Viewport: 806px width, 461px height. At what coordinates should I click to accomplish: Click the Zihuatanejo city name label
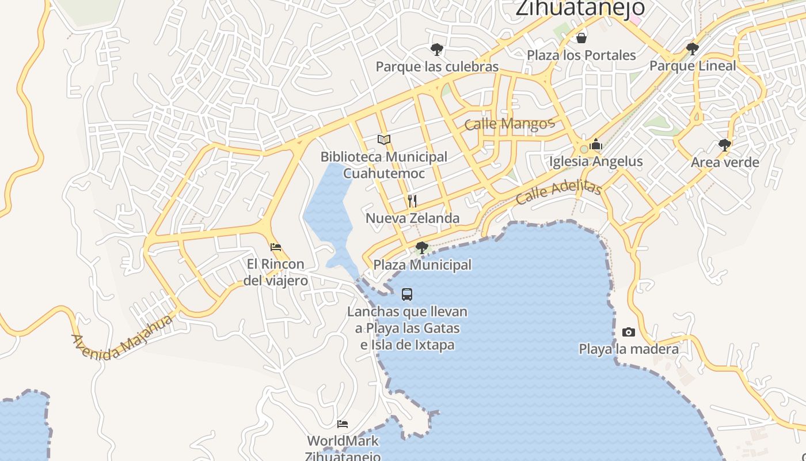tap(580, 8)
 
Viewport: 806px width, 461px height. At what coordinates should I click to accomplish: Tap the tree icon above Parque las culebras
tap(437, 50)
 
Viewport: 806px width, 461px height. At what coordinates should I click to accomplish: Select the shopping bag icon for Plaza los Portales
tap(581, 38)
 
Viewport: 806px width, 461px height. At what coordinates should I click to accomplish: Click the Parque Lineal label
tap(693, 66)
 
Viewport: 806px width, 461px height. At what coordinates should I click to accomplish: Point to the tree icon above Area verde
tap(725, 145)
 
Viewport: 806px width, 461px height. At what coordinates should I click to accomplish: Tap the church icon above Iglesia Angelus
tap(596, 144)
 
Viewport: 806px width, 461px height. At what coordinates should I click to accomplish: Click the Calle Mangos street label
tap(509, 123)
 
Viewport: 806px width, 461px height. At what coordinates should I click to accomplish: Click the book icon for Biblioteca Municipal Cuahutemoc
tap(384, 139)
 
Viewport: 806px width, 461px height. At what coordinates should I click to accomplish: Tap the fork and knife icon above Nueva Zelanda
tap(412, 201)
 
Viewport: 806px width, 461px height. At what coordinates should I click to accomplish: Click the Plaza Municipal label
tap(423, 265)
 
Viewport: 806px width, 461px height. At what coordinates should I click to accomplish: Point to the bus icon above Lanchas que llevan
tap(407, 294)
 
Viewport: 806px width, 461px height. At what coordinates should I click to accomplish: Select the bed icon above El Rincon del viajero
tap(276, 247)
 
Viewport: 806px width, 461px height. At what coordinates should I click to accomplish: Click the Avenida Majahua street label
tap(122, 338)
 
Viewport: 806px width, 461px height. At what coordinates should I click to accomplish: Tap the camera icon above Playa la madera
tap(629, 332)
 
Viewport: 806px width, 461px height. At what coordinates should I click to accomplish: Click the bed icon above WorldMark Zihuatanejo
tap(343, 424)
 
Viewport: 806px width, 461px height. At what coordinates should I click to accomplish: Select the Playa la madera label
tap(629, 349)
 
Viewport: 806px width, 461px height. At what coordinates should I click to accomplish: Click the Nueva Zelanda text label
tap(413, 218)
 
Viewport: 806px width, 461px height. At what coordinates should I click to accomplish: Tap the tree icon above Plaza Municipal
tap(422, 248)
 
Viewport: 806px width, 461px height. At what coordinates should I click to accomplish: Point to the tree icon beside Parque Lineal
tap(693, 48)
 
